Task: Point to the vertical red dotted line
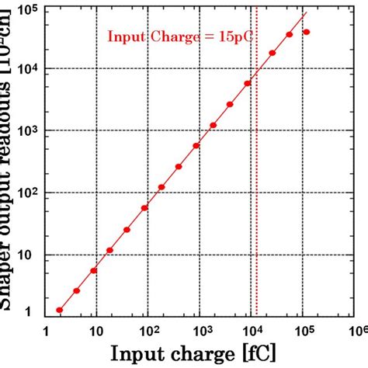coord(256,194)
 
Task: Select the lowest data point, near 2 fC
coord(60,310)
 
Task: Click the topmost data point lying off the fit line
coord(306,33)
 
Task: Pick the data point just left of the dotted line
coord(248,83)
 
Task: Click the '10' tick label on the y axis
coord(28,255)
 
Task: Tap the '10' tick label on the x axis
coord(95,330)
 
